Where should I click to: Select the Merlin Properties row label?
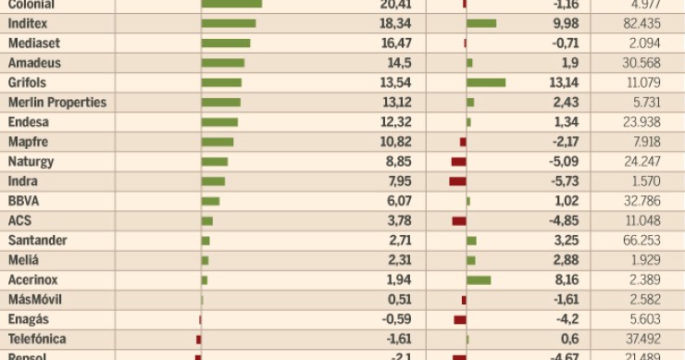56,103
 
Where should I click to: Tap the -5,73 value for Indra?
562,181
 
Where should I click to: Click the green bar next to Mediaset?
226,43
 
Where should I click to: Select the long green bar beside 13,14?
487,82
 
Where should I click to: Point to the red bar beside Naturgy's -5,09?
459,162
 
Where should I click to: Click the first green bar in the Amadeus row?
223,63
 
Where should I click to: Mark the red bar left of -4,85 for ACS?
459,221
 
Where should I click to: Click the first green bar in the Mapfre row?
218,142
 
